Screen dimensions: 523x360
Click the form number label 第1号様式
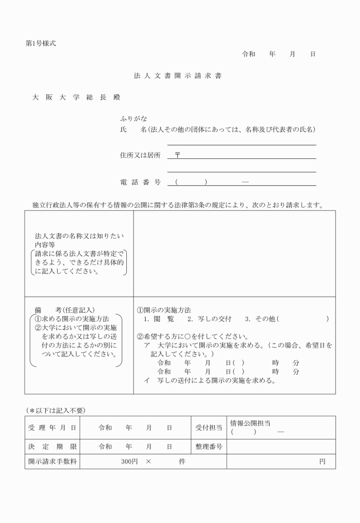click(x=41, y=43)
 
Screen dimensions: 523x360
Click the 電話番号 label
click(x=140, y=182)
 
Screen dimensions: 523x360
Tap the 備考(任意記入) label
click(x=65, y=309)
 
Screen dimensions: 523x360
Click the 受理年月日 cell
click(x=52, y=428)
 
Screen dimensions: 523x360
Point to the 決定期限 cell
click(x=52, y=446)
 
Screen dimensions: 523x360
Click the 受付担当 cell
click(x=208, y=428)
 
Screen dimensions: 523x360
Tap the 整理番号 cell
click(x=208, y=446)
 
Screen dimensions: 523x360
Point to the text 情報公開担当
click(x=250, y=424)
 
